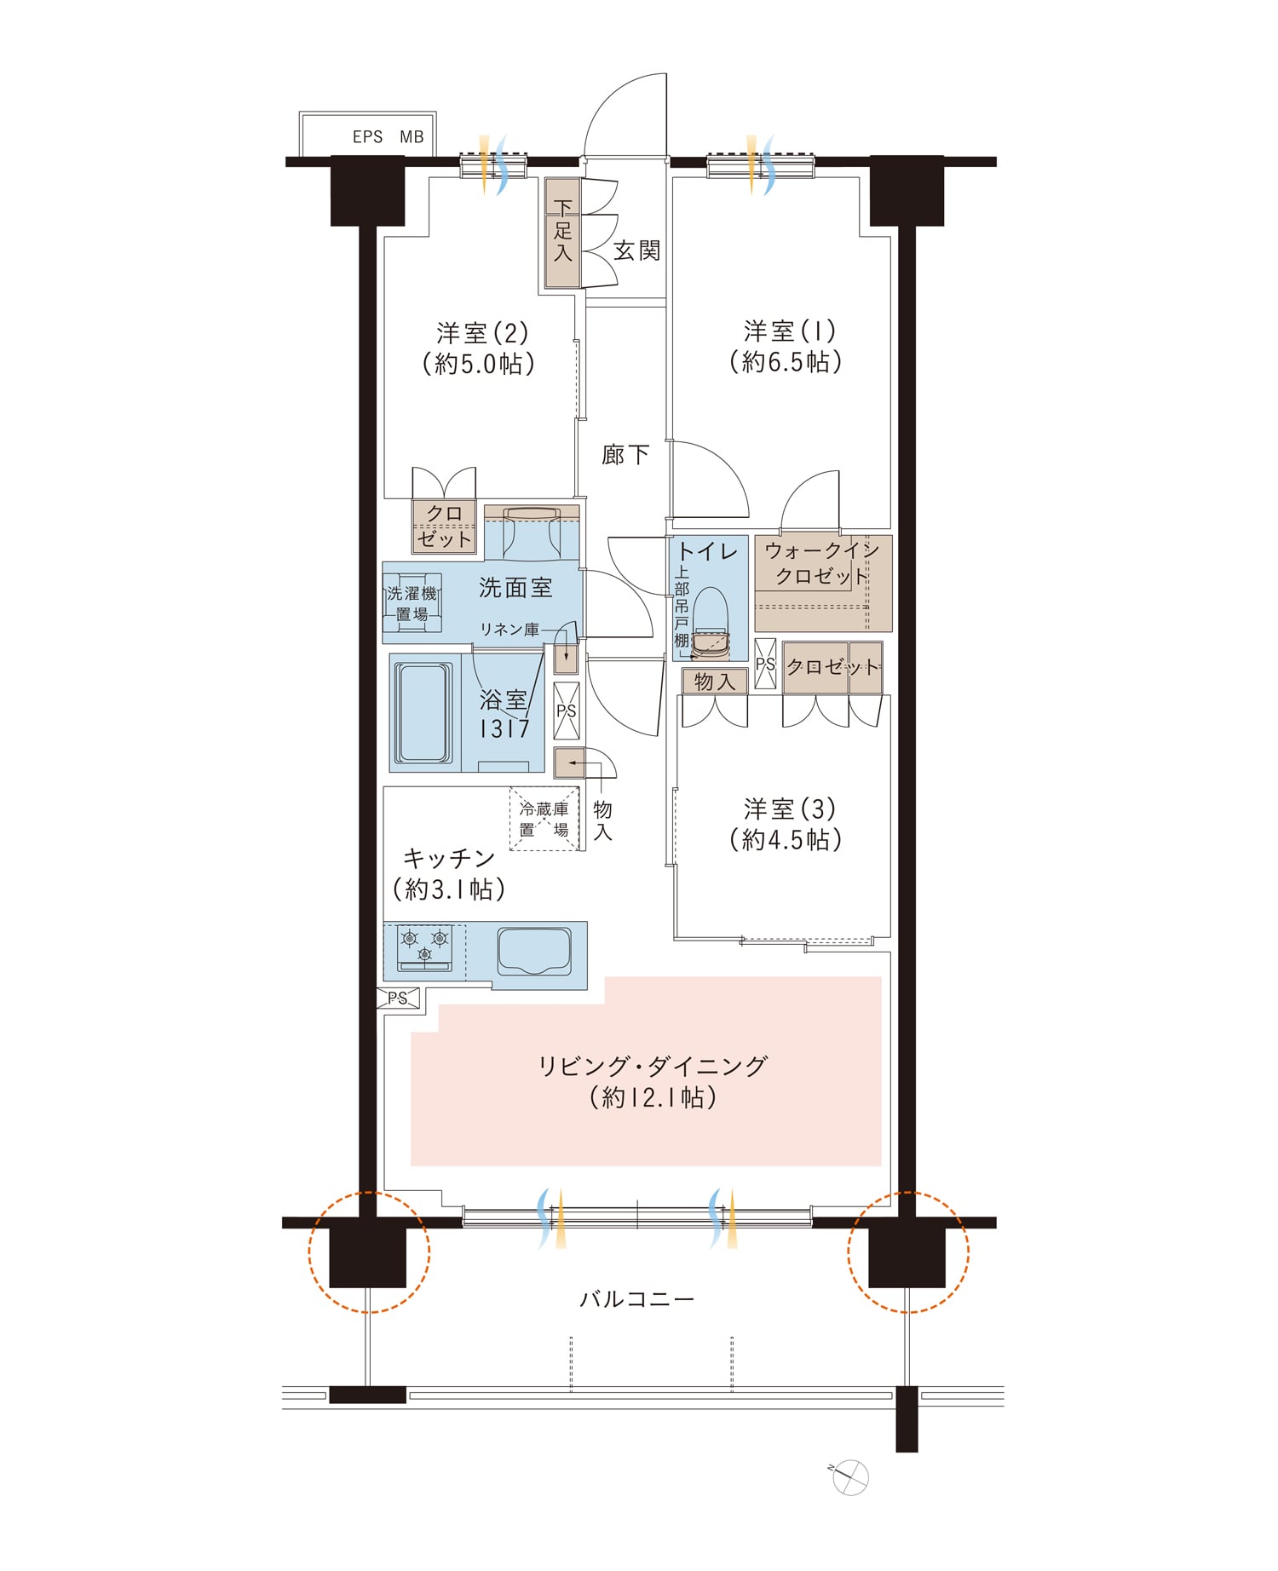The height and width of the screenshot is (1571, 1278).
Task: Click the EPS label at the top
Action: tap(367, 137)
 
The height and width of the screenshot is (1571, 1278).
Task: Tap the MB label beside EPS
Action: tap(412, 137)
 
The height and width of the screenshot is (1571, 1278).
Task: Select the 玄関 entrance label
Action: tap(636, 250)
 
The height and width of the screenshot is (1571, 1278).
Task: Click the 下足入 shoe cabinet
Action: tap(562, 233)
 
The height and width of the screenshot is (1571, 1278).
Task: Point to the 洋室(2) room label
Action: tap(482, 331)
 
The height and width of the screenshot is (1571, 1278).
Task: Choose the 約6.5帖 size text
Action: tap(786, 362)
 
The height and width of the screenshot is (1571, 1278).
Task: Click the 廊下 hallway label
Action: tap(625, 455)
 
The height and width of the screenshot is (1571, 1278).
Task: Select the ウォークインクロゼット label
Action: tap(820, 563)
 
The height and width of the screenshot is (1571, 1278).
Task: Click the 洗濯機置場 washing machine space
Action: tap(412, 603)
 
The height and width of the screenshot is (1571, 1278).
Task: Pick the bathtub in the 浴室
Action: tap(423, 712)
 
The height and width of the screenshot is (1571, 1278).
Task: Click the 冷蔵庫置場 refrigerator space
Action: tap(544, 819)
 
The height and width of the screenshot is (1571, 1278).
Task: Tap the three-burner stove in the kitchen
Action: tap(425, 947)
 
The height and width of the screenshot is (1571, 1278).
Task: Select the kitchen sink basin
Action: tap(534, 952)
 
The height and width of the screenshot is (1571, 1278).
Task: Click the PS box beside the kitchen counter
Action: tap(399, 998)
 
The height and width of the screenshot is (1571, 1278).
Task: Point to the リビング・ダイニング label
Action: tap(653, 1066)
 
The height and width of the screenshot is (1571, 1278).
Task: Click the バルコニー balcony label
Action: tap(637, 1299)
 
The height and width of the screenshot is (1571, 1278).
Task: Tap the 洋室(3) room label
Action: tap(789, 809)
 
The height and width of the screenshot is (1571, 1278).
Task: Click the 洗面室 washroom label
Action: tap(515, 587)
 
